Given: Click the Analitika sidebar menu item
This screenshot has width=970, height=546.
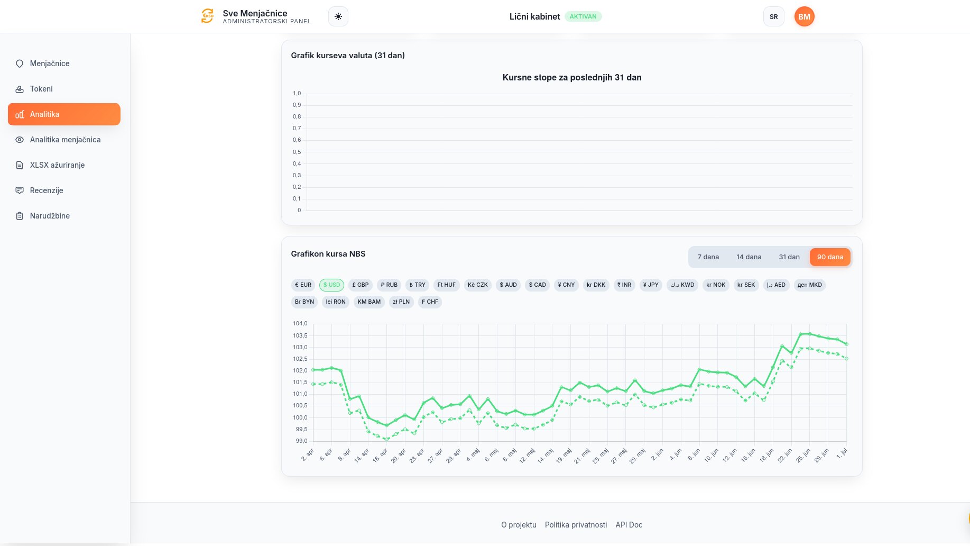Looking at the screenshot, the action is point(64,114).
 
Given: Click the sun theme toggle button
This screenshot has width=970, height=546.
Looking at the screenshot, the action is point(338,16).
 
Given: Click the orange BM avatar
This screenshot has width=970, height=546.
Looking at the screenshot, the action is point(804,16).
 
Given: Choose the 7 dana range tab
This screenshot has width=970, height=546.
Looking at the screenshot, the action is point(708,257).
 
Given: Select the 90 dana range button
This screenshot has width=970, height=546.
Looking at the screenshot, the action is point(830,257).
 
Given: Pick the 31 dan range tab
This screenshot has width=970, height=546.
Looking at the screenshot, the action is point(789,257).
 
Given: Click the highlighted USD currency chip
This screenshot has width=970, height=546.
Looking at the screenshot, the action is point(331,285).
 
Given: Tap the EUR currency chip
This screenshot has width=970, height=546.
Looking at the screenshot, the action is point(303,285).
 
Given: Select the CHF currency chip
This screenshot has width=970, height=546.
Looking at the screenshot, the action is point(430,302).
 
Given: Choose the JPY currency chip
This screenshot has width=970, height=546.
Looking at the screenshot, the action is point(651,285).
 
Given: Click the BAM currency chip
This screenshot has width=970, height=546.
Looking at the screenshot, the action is point(369,302).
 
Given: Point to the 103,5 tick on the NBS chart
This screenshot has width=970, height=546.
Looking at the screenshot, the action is point(300,335).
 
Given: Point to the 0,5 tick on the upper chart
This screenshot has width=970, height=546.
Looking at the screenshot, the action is point(297,152).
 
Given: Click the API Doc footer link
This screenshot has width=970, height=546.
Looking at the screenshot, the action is point(629,525).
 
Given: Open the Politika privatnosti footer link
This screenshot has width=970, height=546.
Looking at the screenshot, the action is point(576,525).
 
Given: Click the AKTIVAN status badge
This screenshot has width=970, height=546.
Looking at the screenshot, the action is point(583,16).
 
